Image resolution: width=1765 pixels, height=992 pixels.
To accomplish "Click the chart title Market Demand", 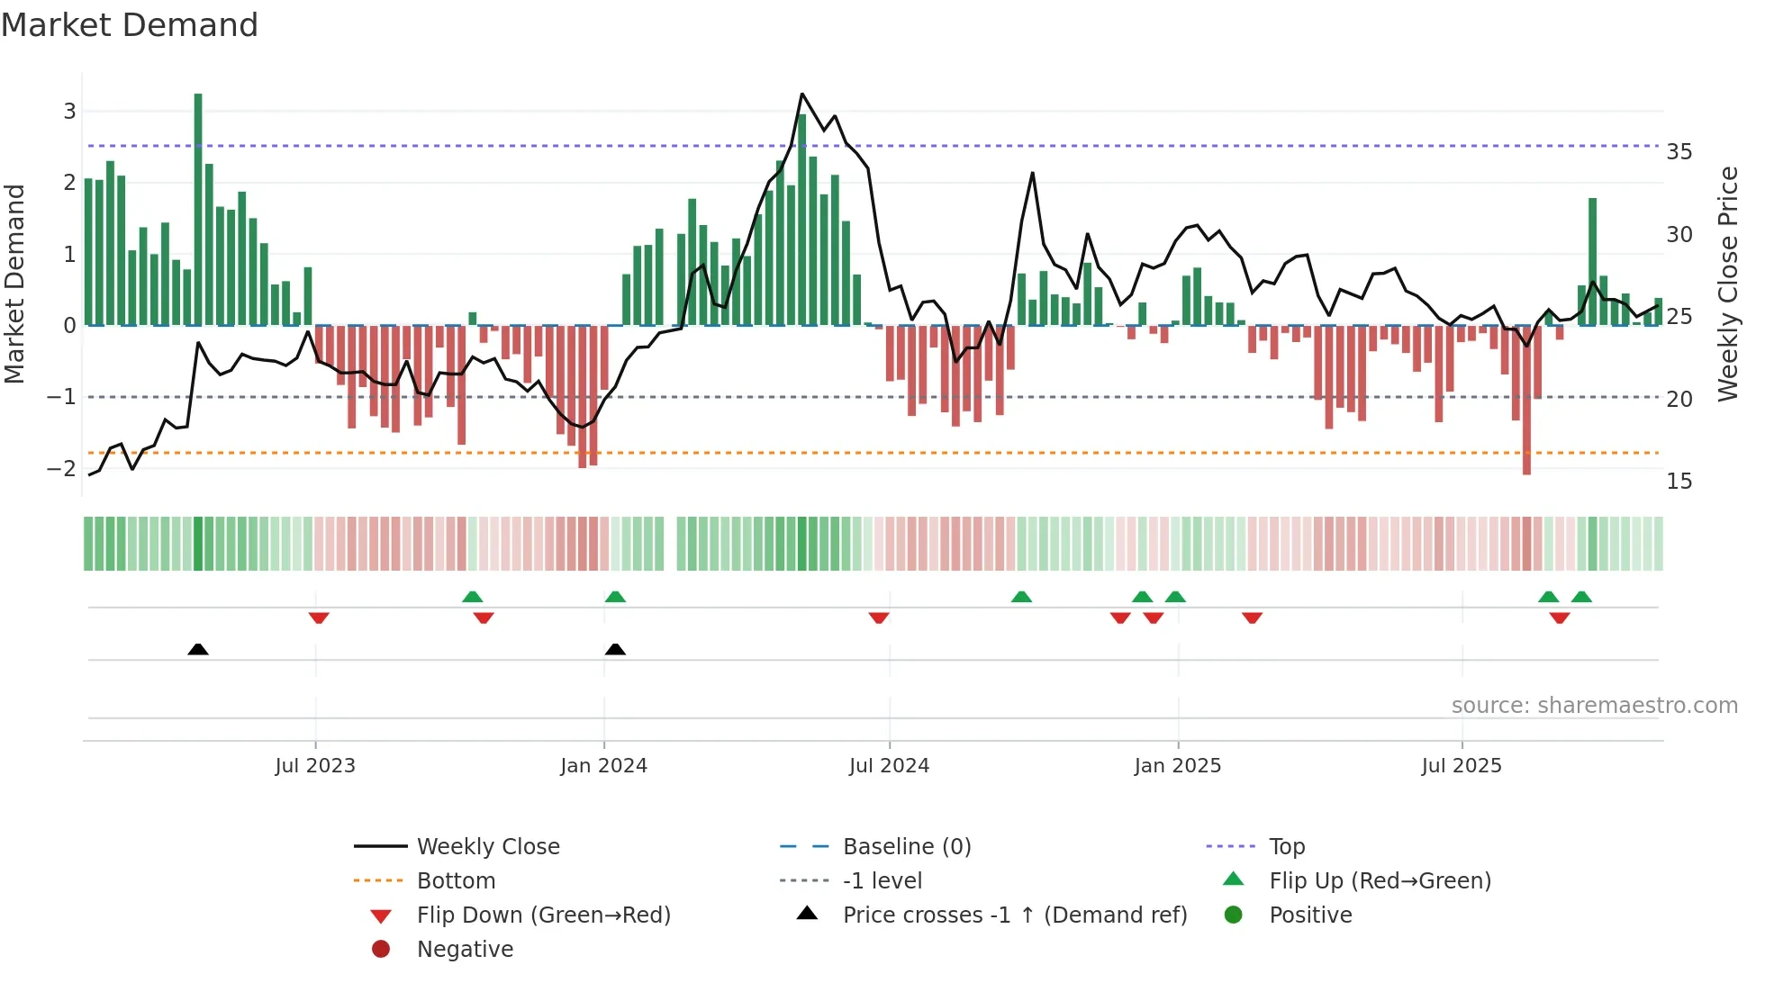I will pyautogui.click(x=130, y=25).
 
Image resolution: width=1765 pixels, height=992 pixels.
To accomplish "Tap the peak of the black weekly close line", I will pyautogui.click(x=802, y=95).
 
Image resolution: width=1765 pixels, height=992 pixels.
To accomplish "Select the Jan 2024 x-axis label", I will pyautogui.click(x=603, y=766).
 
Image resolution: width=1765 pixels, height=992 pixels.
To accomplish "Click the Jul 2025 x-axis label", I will pyautogui.click(x=1462, y=766).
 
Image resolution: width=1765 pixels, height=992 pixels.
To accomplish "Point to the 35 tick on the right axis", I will pyautogui.click(x=1679, y=152).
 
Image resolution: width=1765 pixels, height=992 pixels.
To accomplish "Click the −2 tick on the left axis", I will pyautogui.click(x=61, y=468).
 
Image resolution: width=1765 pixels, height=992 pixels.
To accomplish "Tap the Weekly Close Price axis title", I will pyautogui.click(x=1727, y=284).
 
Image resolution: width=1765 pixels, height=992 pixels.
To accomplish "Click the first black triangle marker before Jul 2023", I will pyautogui.click(x=198, y=649).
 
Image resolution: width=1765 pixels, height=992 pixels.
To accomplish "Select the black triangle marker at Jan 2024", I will pyautogui.click(x=615, y=649).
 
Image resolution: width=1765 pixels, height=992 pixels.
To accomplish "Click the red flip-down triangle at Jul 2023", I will pyautogui.click(x=319, y=618).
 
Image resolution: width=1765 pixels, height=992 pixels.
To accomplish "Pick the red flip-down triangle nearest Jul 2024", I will pyautogui.click(x=879, y=618).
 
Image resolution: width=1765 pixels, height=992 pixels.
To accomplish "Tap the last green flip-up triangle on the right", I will pyautogui.click(x=1581, y=597).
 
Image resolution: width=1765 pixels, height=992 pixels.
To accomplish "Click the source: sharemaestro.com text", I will pyautogui.click(x=1594, y=706).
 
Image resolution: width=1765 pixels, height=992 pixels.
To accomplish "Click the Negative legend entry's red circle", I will pyautogui.click(x=381, y=950).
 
